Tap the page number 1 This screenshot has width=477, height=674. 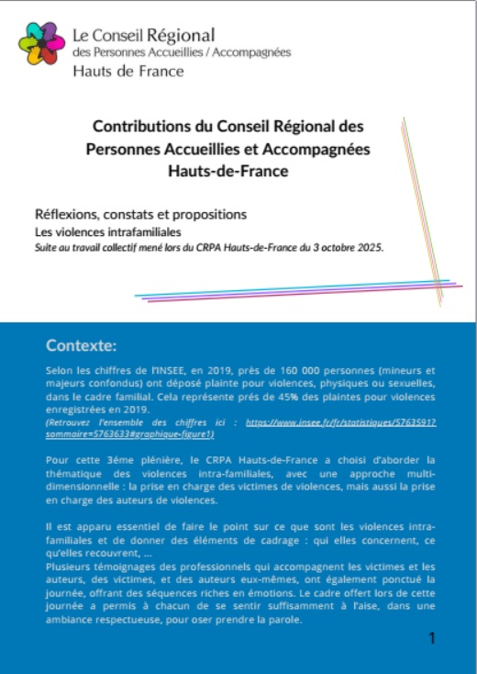tap(432, 637)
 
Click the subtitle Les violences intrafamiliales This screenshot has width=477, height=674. tap(99, 231)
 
